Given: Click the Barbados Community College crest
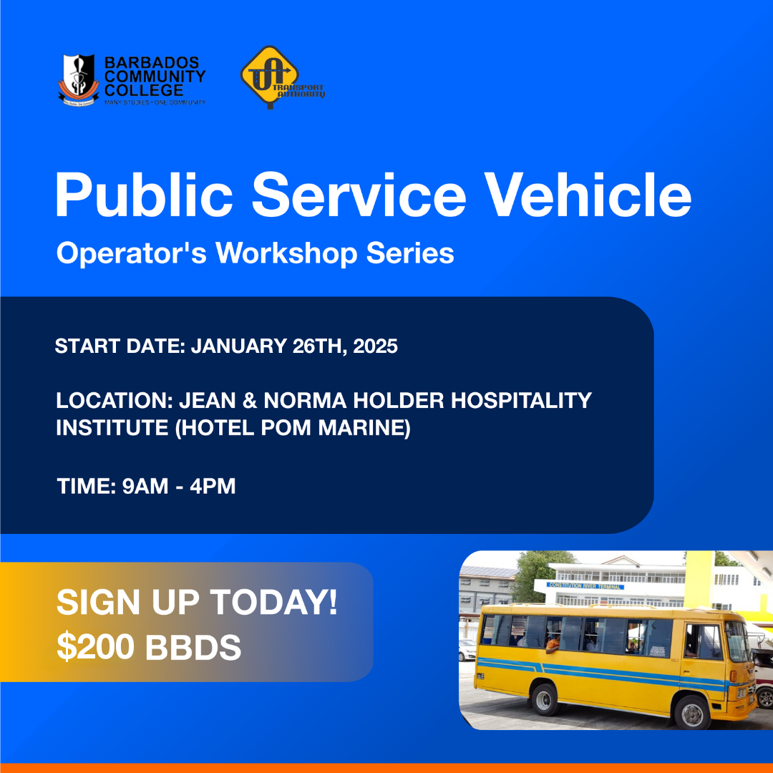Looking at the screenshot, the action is pyautogui.click(x=78, y=79).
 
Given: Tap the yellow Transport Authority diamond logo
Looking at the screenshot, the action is pyautogui.click(x=270, y=77).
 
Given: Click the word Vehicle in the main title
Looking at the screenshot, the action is pyautogui.click(x=588, y=195).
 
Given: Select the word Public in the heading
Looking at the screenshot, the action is pyautogui.click(x=144, y=195).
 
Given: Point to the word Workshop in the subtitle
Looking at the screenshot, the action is pyautogui.click(x=286, y=253).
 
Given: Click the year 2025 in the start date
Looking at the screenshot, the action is pyautogui.click(x=375, y=346).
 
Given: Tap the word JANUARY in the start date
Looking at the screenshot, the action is pyautogui.click(x=239, y=346).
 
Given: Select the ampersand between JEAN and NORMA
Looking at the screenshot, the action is pyautogui.click(x=250, y=400).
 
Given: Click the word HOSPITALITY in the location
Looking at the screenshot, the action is pyautogui.click(x=521, y=400).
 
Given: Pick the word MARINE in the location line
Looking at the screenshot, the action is pyautogui.click(x=364, y=428).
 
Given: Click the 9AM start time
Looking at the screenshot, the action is pyautogui.click(x=145, y=486).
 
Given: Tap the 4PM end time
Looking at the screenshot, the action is pyautogui.click(x=213, y=486).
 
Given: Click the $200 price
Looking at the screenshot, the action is pyautogui.click(x=96, y=647).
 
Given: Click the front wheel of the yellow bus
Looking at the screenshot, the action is pyautogui.click(x=692, y=712).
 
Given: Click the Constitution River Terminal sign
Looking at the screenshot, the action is pyautogui.click(x=585, y=585).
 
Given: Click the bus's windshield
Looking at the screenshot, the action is pyautogui.click(x=737, y=641).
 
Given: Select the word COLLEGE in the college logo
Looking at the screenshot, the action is pyautogui.click(x=144, y=90).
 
